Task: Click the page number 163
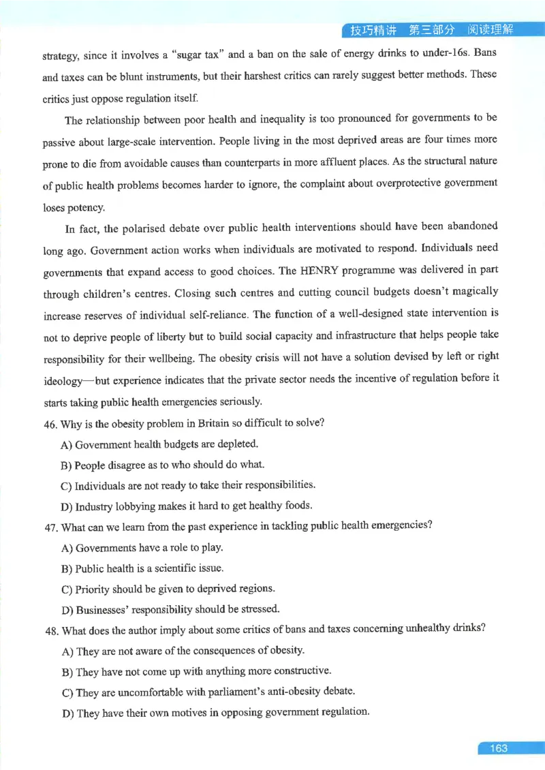[498, 748]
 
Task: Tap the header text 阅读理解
[490, 30]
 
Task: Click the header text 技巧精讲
[373, 30]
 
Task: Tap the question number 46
[50, 423]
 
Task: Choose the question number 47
[50, 527]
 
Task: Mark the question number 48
[50, 630]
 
